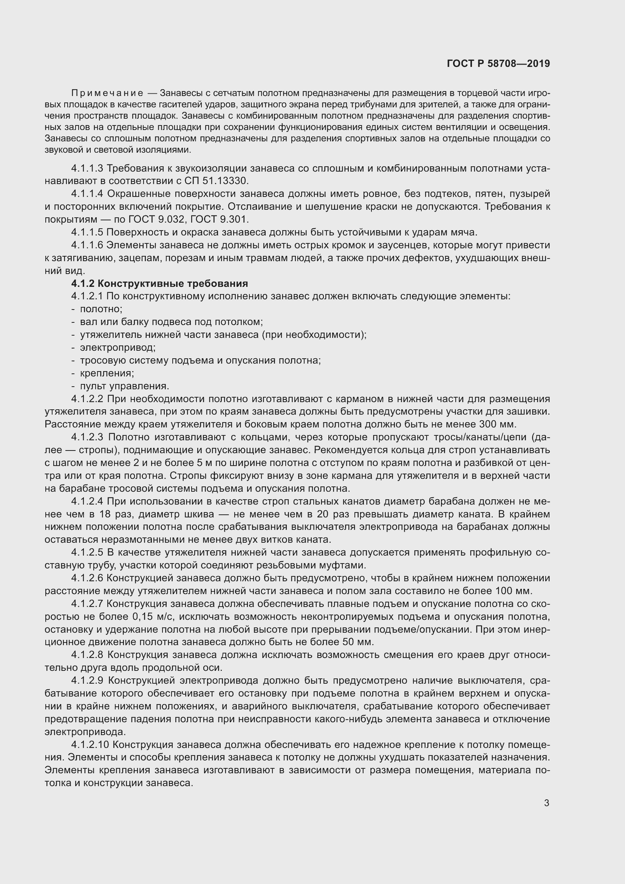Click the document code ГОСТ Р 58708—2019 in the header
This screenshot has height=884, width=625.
click(498, 63)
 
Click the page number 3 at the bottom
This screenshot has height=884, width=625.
click(546, 803)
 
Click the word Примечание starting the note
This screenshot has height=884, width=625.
click(107, 93)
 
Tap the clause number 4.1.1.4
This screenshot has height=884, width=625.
click(87, 194)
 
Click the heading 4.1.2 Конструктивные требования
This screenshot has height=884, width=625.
click(159, 284)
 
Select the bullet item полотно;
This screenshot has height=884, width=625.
click(101, 309)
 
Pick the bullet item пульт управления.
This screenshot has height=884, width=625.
click(124, 386)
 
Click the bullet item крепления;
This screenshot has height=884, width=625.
click(107, 373)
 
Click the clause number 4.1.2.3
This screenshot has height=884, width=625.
click(87, 437)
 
